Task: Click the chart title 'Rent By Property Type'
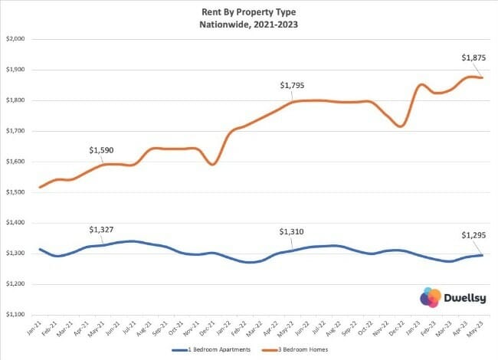[x=250, y=11]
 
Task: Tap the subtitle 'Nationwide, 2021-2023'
[x=250, y=23]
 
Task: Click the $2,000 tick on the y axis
[x=17, y=39]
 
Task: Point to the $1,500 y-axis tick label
[x=17, y=192]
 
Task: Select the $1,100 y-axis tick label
[x=17, y=314]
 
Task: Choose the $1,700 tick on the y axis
[x=17, y=131]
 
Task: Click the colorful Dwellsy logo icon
[x=429, y=297]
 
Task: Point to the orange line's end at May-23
[x=482, y=77]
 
